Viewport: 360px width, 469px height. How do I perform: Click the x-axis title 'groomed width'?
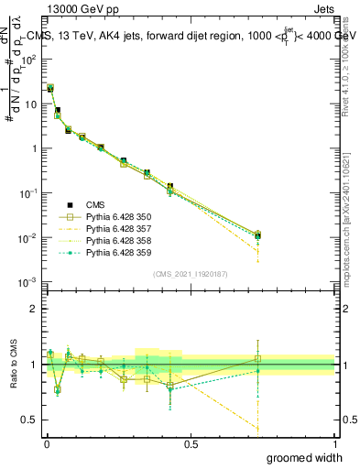click(311, 457)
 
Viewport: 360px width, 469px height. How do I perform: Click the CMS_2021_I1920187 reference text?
click(190, 274)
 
